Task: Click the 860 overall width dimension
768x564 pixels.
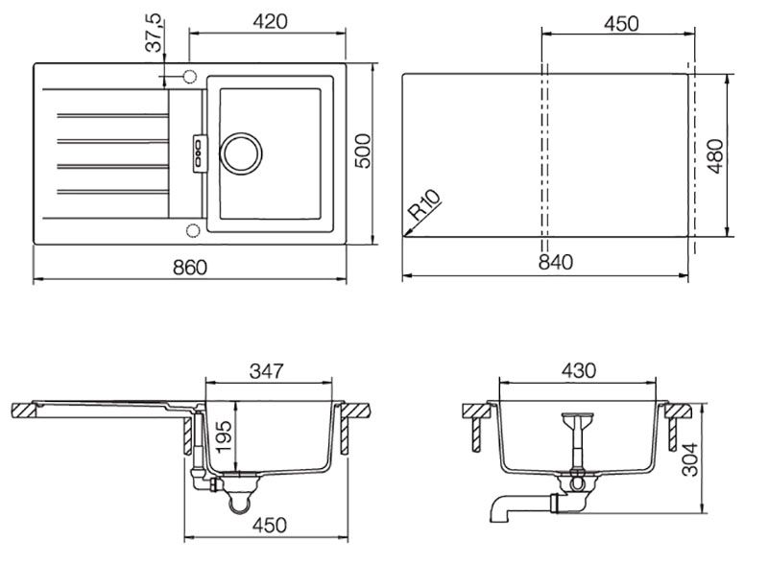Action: [190, 268]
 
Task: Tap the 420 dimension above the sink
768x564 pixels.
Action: [271, 21]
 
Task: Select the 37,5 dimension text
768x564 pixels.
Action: [155, 33]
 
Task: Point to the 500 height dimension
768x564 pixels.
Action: [363, 151]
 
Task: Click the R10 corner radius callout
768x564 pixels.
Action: [424, 204]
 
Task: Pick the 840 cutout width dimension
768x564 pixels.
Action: [556, 262]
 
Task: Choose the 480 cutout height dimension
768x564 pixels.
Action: [715, 155]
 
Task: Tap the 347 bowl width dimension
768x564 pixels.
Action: [267, 370]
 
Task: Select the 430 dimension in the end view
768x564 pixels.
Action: [579, 370]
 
